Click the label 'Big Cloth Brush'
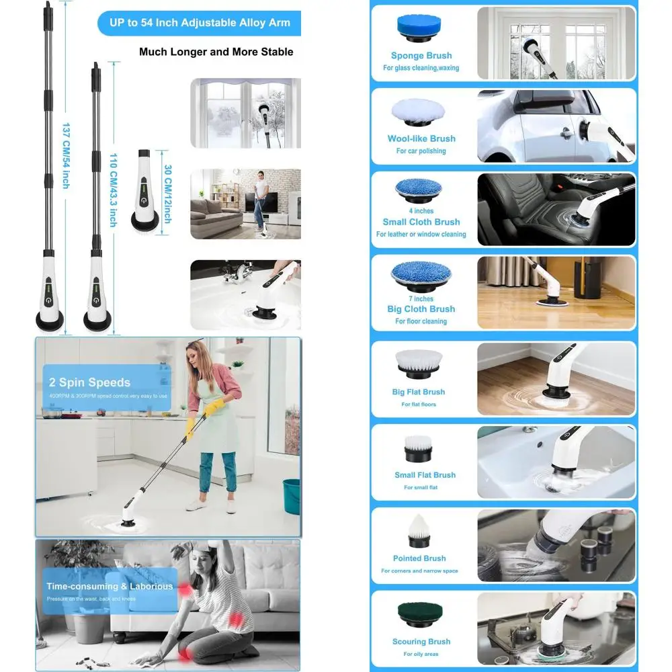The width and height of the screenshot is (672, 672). pos(421,309)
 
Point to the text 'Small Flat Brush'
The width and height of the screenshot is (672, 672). pos(425,475)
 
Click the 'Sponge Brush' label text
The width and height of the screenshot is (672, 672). pos(421,56)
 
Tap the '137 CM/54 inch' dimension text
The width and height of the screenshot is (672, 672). pos(66,155)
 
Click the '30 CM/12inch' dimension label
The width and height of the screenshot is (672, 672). pos(167,195)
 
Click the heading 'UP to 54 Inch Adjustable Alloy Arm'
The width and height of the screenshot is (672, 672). pos(200,23)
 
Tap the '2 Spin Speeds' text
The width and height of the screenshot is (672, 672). pos(89,382)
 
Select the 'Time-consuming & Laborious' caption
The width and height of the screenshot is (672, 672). pos(110,586)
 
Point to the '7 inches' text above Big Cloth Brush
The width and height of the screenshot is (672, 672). pos(421,298)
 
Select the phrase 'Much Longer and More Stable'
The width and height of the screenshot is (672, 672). pos(216,52)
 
